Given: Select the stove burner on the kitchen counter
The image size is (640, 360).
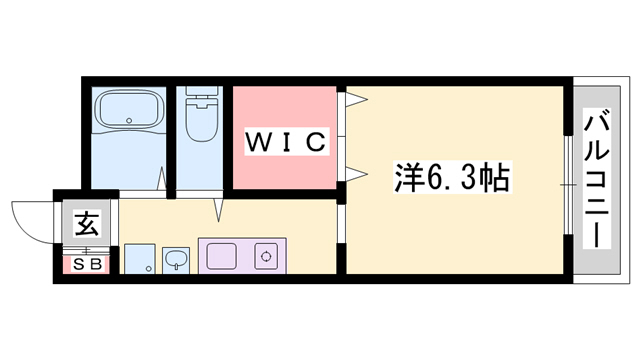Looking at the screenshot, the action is pyautogui.click(x=267, y=256).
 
